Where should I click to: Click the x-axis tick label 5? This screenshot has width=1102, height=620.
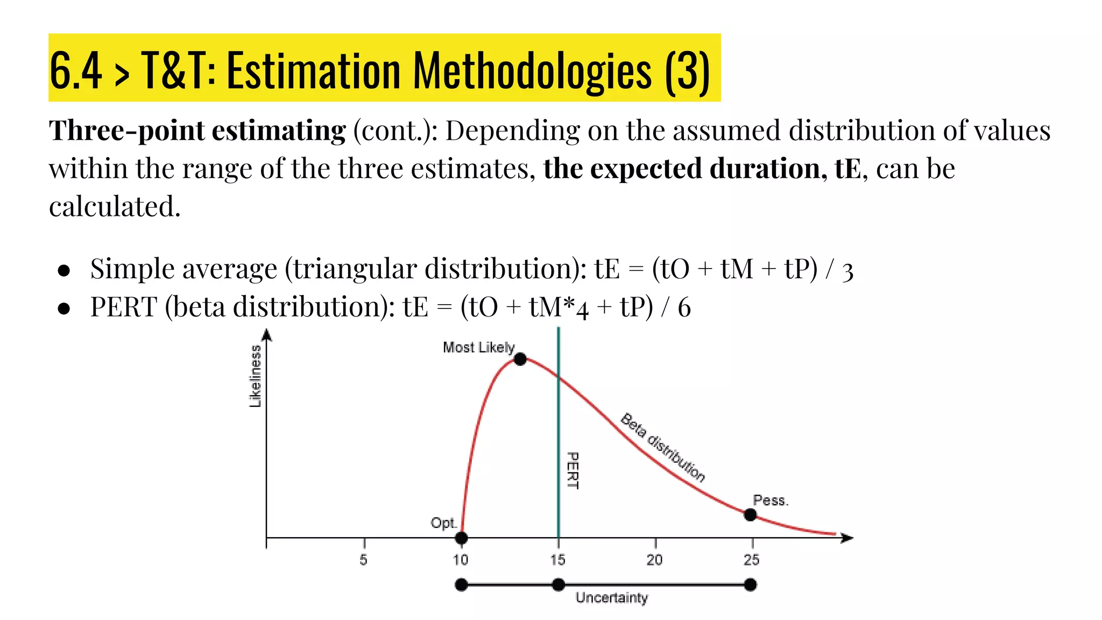[x=364, y=560]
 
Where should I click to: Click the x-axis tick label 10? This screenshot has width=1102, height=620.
[x=461, y=560]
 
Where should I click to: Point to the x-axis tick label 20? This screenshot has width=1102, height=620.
[x=654, y=560]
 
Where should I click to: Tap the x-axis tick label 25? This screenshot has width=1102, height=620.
[x=752, y=560]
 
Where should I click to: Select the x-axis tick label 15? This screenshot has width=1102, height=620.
[x=558, y=560]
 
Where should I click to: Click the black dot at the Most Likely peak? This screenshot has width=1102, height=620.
[x=520, y=359]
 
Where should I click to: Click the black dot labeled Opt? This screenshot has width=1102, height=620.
[x=461, y=538]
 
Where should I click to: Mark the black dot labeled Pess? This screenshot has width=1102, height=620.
[x=750, y=515]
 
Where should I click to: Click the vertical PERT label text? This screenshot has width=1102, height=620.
[x=573, y=470]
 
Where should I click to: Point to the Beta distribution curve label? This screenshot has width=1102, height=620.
[x=662, y=447]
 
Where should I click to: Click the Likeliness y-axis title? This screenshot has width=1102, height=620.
[x=255, y=376]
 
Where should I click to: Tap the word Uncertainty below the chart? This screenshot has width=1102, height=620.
[x=612, y=598]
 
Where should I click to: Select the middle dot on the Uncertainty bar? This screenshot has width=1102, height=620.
[x=559, y=584]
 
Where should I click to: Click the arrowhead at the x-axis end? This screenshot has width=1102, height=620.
[x=847, y=538]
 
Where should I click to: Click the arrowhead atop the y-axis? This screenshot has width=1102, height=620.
[x=266, y=335]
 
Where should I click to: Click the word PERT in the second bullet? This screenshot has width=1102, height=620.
[x=123, y=307]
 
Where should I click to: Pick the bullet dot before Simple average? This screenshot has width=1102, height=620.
[x=64, y=270]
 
